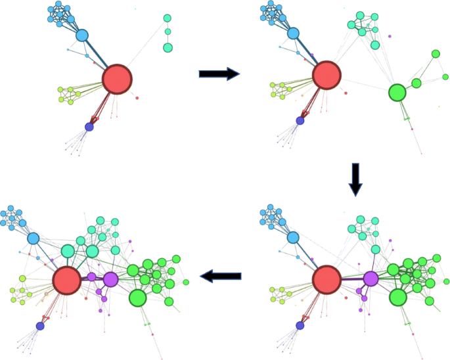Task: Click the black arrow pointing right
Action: click(218, 74)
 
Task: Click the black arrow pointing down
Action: click(355, 179)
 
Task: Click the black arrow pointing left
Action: click(220, 277)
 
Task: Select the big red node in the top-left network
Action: click(117, 79)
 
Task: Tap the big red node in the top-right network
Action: click(326, 75)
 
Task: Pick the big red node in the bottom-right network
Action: click(326, 279)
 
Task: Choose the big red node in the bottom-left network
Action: click(66, 279)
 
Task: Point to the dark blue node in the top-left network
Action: click(89, 126)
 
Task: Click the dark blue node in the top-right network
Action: click(300, 121)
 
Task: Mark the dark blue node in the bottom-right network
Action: click(300, 325)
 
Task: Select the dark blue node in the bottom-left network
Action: click(40, 326)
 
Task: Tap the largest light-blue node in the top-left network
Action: click(82, 35)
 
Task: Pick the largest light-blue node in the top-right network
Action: click(293, 33)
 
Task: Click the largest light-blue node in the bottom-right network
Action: click(293, 237)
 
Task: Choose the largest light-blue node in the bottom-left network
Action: click(33, 238)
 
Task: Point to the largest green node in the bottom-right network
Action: click(397, 298)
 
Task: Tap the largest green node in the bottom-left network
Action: click(137, 298)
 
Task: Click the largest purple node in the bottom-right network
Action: click(371, 279)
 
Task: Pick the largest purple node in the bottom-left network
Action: click(110, 279)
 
